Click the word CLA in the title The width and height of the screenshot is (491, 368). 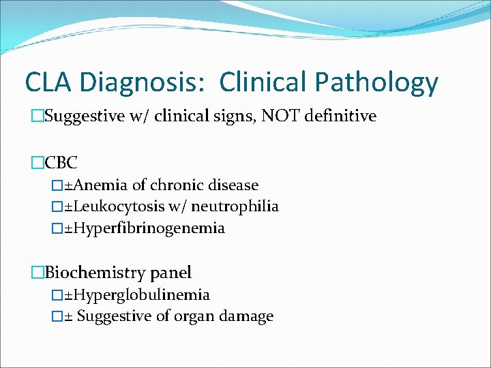tap(48, 82)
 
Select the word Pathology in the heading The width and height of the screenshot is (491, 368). tap(376, 83)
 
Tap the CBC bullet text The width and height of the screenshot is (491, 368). tap(61, 163)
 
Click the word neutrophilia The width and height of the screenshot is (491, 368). tap(237, 206)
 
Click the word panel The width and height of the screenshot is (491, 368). tap(170, 273)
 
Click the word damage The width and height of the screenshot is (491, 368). tap(247, 316)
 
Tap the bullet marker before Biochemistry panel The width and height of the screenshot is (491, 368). tap(38, 273)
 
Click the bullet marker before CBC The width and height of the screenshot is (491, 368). tap(38, 163)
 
